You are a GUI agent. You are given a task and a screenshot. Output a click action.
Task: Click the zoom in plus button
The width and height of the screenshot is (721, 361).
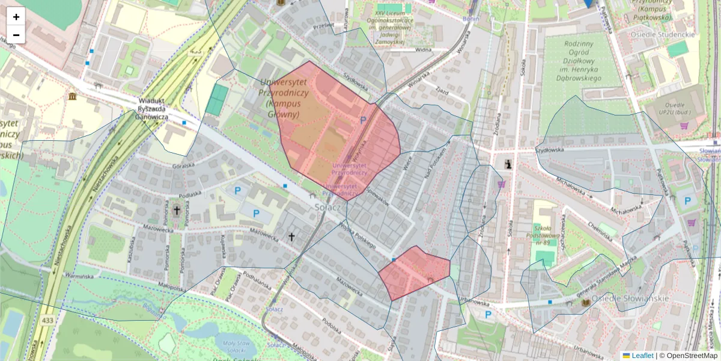[x=16, y=17]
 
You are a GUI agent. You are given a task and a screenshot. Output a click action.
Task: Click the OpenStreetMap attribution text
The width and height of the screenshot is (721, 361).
[x=692, y=356]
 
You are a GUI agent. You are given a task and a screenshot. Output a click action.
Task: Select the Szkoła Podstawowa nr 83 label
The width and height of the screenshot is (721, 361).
[x=546, y=235]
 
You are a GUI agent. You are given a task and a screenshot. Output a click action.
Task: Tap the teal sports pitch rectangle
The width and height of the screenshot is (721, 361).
[x=217, y=100]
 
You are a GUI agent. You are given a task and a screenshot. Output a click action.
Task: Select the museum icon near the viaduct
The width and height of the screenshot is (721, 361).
[x=73, y=97]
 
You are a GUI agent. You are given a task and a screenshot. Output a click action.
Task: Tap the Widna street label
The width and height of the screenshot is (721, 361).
[x=423, y=51]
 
